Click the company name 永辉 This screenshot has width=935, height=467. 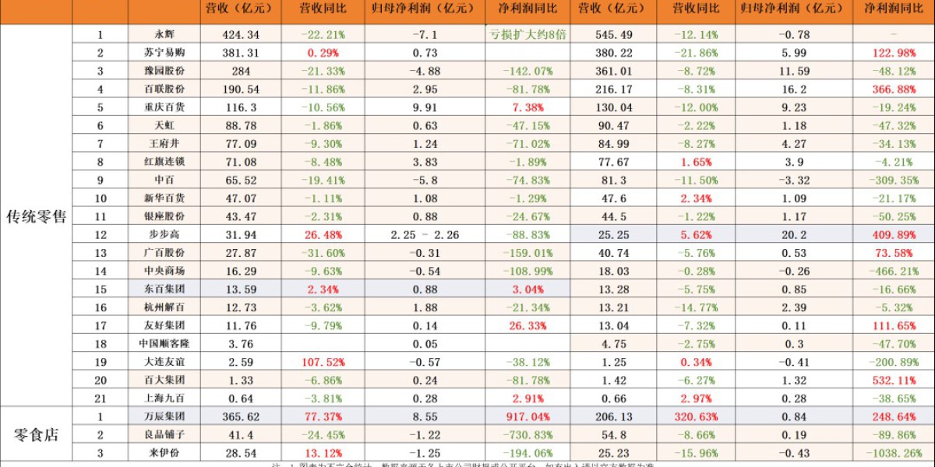pos(164,35)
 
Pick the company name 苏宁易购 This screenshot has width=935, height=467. pos(164,53)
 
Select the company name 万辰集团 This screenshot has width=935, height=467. pos(164,416)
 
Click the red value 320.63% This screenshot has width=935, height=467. pos(698,416)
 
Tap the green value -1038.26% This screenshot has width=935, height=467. pos(891,453)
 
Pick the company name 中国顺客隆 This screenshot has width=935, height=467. pos(164,344)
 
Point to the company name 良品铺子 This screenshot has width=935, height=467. pos(164,434)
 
